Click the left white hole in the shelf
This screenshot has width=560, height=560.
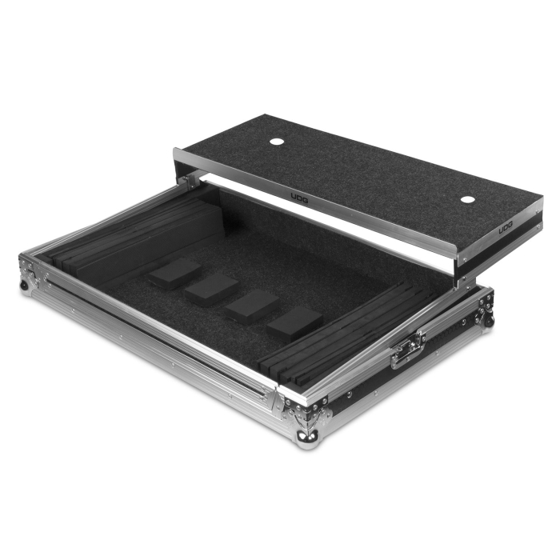coord(276,142)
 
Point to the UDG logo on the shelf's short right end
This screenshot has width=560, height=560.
coord(506,227)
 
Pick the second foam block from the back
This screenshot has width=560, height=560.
coord(211,288)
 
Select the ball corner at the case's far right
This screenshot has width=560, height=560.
coord(486,319)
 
